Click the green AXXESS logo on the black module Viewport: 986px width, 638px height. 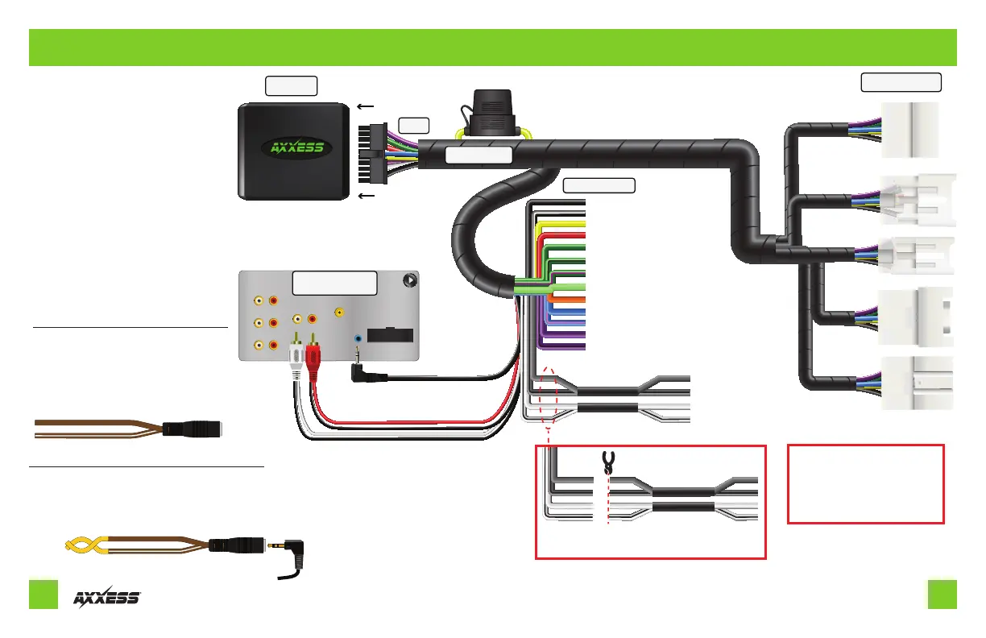(x=296, y=147)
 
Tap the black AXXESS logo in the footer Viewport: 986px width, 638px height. (x=107, y=597)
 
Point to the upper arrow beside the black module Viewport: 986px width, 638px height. (x=366, y=106)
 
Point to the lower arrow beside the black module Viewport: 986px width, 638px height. (x=366, y=196)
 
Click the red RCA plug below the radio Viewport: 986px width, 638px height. (x=313, y=357)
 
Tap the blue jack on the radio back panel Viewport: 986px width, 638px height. (x=358, y=338)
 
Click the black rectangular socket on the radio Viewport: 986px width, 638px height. (x=390, y=335)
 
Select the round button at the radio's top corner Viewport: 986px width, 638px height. (x=410, y=280)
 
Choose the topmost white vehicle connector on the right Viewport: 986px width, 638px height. (x=909, y=130)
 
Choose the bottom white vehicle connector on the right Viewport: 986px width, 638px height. (x=917, y=383)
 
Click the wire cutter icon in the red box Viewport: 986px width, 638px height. (x=608, y=462)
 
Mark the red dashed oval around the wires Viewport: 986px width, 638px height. (x=549, y=397)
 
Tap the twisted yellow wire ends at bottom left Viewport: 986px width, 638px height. (x=86, y=545)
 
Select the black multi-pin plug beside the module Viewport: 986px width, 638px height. (x=372, y=153)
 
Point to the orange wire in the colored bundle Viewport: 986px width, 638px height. (x=569, y=300)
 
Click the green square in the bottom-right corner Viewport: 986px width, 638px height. (x=942, y=594)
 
